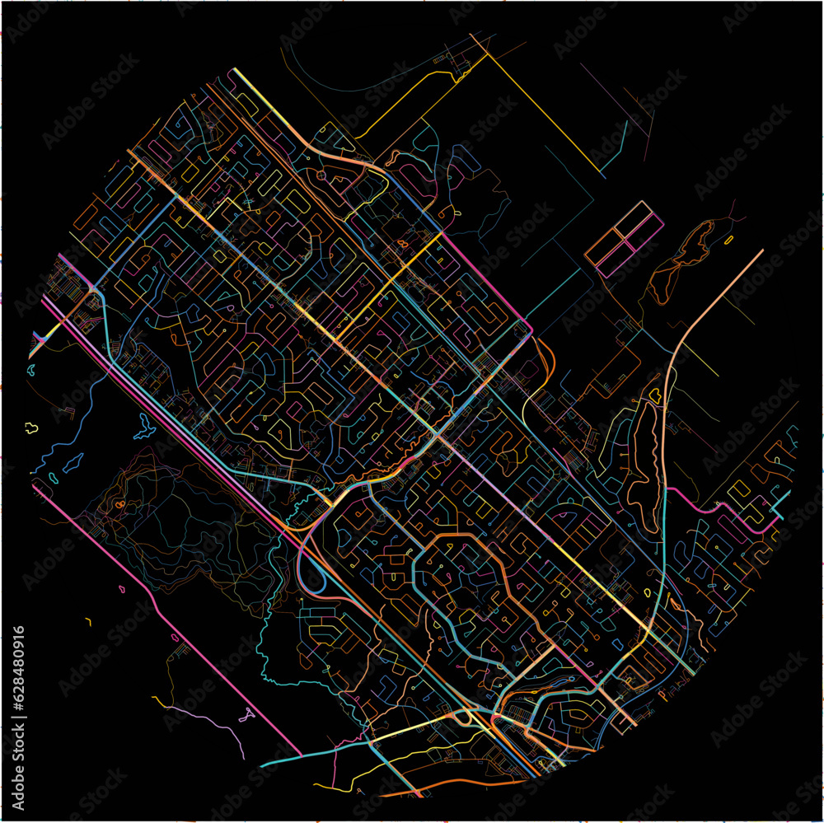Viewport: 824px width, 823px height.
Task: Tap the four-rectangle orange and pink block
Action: (625, 239)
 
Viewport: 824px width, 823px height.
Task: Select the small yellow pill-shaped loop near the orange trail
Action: (728, 240)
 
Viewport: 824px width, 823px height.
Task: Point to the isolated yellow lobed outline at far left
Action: (31, 426)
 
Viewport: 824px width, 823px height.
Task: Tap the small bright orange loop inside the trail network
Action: (120, 503)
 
